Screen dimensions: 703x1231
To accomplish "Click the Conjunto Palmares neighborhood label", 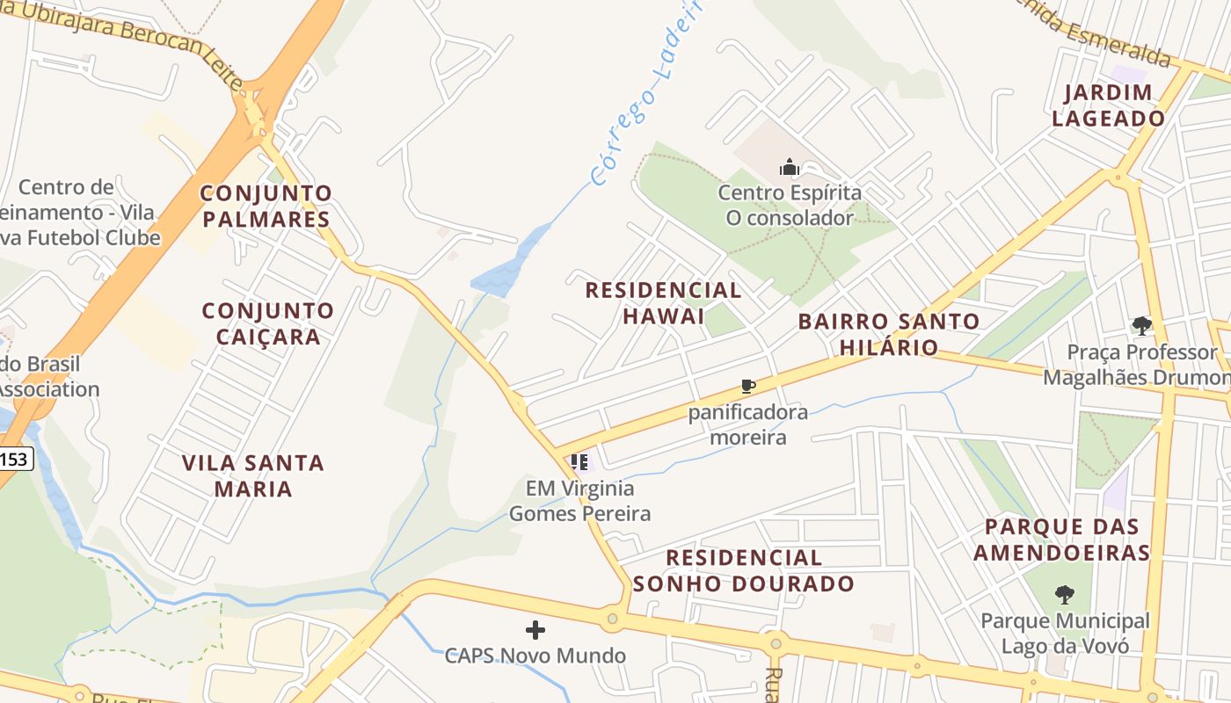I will (266, 206).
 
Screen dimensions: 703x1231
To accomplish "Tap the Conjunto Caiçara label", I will (268, 323).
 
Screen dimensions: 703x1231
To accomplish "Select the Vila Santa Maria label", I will (253, 475).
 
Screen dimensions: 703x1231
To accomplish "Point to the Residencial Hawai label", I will (664, 302).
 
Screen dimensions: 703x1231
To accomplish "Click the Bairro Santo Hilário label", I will (889, 333).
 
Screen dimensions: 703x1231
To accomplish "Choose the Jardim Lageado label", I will (1108, 105).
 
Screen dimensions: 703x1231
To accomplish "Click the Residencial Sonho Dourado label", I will (744, 570).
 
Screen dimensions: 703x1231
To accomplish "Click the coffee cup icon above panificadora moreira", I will (747, 386).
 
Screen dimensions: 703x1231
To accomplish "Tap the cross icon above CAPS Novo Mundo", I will (535, 629).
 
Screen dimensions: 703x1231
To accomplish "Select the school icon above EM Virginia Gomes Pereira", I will (579, 461).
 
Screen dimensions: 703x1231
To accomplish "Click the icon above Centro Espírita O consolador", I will (789, 167).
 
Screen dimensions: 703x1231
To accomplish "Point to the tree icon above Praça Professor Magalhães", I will (1141, 326).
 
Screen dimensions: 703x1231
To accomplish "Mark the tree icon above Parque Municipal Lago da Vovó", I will (1065, 594).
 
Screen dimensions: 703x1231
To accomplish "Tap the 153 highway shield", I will (15, 458).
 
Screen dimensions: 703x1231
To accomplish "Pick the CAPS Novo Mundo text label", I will (535, 656).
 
